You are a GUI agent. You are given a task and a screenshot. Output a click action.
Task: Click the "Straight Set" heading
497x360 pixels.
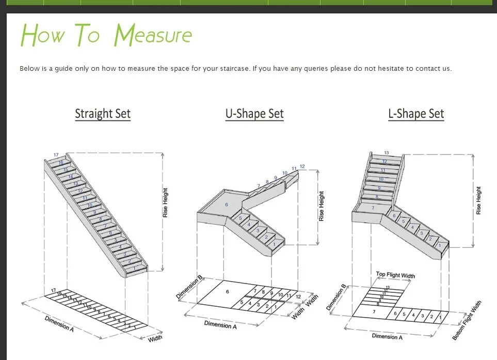click(x=103, y=114)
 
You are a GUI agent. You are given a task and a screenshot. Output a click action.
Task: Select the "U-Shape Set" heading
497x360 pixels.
click(x=254, y=114)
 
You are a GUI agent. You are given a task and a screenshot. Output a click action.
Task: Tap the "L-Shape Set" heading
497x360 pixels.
click(x=416, y=114)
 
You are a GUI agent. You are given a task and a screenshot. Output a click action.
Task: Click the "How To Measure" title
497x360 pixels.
click(x=106, y=35)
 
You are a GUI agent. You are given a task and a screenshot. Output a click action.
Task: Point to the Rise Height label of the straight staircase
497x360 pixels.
click(x=165, y=202)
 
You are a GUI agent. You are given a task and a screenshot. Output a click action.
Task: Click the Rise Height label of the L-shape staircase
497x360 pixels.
click(x=478, y=201)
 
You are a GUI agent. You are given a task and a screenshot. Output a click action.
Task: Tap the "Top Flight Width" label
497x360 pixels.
click(x=395, y=275)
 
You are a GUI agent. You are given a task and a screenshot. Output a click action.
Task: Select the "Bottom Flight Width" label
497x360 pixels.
click(x=467, y=320)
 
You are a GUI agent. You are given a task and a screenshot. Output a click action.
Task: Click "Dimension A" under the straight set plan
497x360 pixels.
click(x=59, y=323)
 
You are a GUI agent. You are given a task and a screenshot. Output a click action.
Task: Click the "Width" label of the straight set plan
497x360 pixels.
click(x=155, y=338)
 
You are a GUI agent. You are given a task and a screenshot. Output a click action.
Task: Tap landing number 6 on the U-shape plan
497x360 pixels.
click(x=228, y=292)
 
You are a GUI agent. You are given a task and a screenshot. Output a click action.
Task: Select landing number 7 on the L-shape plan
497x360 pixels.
click(x=374, y=312)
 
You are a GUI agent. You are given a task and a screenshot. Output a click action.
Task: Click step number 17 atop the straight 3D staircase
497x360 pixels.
click(x=56, y=154)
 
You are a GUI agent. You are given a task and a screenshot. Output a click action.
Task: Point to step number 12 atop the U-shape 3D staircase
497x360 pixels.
click(x=302, y=166)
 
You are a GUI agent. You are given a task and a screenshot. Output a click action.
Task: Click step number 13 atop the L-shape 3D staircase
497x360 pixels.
click(x=387, y=153)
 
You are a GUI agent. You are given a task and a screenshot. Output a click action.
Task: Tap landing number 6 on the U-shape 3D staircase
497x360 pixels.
click(x=226, y=205)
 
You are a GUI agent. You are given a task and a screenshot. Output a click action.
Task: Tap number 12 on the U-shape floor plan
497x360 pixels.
click(x=299, y=296)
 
